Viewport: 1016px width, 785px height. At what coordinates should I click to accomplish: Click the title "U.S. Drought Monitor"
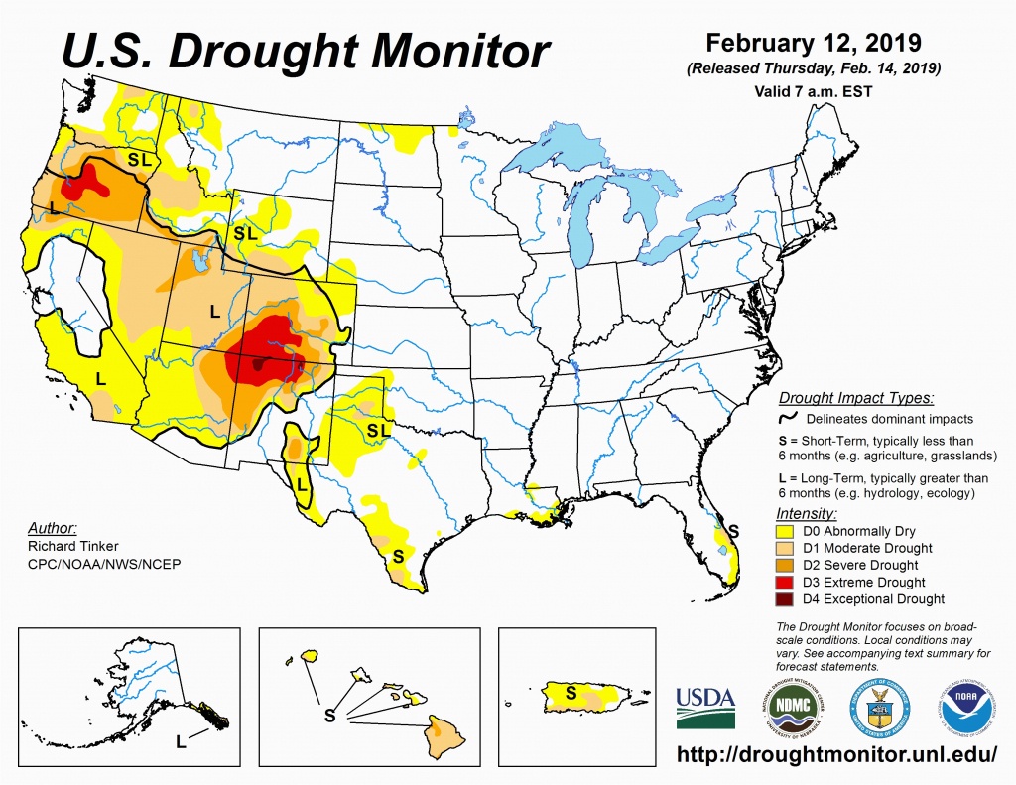(x=306, y=51)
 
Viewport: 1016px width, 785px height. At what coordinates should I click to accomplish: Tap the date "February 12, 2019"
(x=814, y=44)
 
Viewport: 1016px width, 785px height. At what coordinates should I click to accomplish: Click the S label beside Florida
(x=733, y=530)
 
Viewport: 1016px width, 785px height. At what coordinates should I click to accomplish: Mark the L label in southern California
(x=100, y=378)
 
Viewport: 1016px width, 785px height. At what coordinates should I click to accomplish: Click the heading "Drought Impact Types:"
(x=855, y=399)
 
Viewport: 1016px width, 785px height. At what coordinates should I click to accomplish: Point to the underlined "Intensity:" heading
(x=807, y=514)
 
